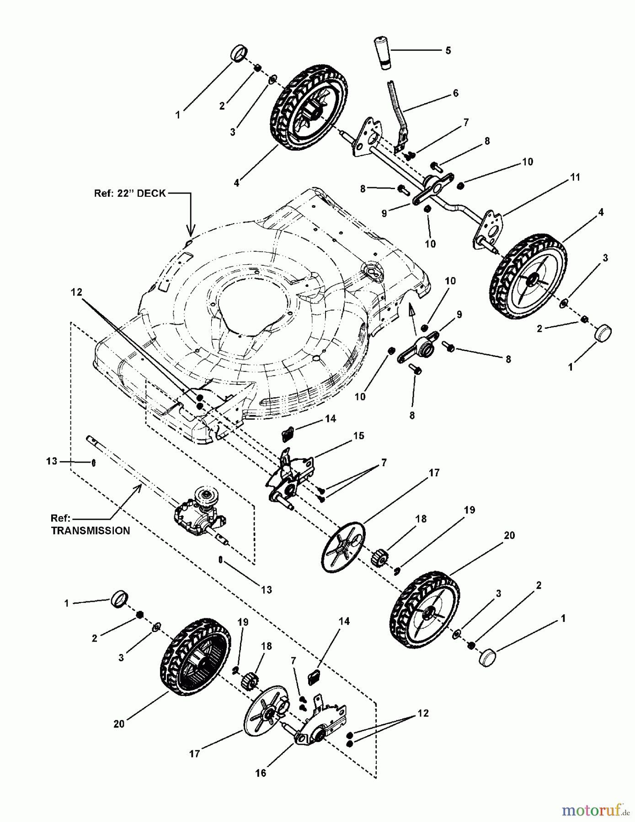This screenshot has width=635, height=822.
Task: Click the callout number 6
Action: click(455, 93)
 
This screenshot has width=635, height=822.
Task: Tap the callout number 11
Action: click(575, 177)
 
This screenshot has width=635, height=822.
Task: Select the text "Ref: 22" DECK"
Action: click(130, 193)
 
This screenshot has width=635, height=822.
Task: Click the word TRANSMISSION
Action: click(91, 531)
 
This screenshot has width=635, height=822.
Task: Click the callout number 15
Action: click(359, 436)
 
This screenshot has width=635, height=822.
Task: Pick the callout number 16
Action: click(261, 773)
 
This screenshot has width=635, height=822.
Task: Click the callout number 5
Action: click(448, 50)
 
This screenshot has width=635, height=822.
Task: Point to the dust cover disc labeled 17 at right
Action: click(343, 547)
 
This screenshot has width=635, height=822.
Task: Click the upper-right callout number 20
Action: click(509, 535)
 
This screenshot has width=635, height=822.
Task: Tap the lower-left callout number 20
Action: click(119, 724)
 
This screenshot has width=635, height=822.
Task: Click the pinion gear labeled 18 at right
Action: click(379, 558)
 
